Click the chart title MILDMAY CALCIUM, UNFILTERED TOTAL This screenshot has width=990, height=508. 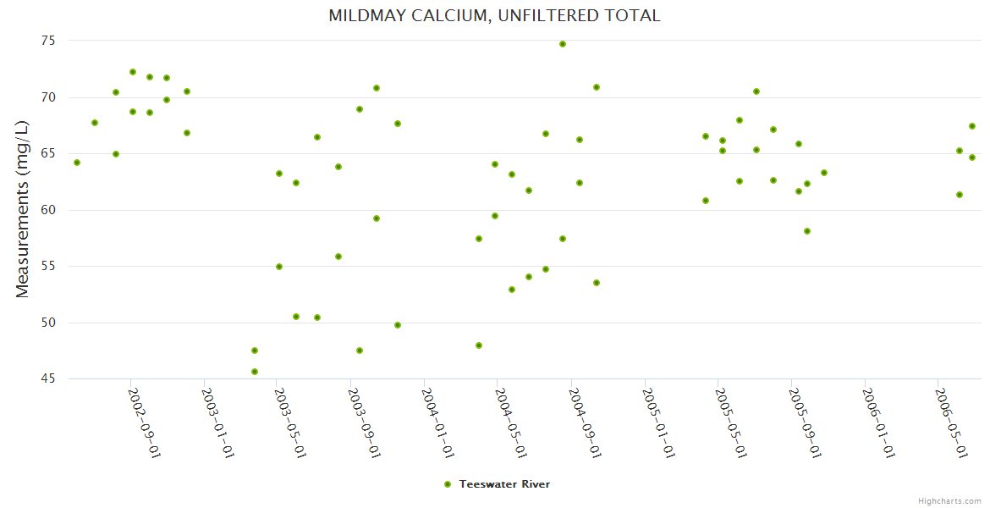point(494,16)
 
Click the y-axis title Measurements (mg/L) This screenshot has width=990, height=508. point(23,208)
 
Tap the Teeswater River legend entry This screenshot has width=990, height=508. point(504,484)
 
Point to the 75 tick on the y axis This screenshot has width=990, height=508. point(47,41)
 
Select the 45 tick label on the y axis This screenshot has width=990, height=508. point(47,378)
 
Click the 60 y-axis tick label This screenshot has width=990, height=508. point(47,210)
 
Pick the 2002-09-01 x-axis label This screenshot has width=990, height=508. point(145,422)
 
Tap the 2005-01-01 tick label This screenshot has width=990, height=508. point(659,422)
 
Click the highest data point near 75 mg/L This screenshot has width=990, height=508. point(563,44)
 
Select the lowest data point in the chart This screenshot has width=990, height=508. point(255,372)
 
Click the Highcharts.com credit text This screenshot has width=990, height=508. point(950,501)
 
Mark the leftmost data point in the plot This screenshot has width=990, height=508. point(77,163)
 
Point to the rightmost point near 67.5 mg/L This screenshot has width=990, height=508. point(972,126)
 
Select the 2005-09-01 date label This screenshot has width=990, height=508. point(806,422)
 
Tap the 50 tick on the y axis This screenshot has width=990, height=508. point(47,323)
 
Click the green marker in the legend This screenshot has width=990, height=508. point(447,484)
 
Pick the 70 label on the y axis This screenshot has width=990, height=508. point(47,97)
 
